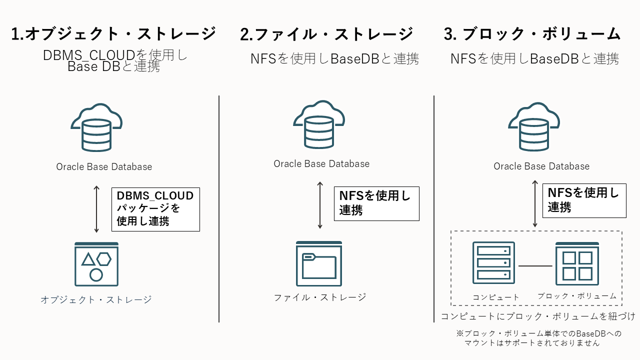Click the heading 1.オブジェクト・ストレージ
tap(113, 34)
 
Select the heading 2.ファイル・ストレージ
tap(326, 34)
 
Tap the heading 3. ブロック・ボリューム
tap(532, 34)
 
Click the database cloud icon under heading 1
tap(96, 127)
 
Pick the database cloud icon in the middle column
tap(318, 125)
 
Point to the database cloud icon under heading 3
tap(534, 127)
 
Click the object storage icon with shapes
tap(96, 264)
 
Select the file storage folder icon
tap(319, 263)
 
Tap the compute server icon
tap(493, 263)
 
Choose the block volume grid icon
tap(577, 263)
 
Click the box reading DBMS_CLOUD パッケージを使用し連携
tap(155, 209)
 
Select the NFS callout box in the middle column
tap(376, 203)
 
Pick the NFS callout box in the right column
tap(584, 200)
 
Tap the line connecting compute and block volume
tap(535, 265)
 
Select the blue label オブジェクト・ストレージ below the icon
tap(96, 299)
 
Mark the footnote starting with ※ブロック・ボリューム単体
tap(539, 338)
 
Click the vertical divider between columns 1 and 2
tap(219, 209)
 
